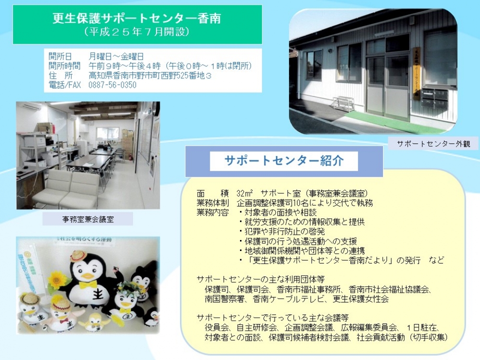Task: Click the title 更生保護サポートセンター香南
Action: point(136,18)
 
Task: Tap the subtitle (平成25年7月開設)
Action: point(136,32)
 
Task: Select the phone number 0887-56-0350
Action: point(112,85)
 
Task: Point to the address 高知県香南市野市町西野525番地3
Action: point(150,75)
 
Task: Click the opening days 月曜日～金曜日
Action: point(116,56)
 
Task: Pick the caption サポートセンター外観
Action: point(433,144)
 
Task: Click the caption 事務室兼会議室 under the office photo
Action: point(88,219)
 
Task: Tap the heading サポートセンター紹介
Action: point(284,161)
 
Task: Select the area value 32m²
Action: point(245,193)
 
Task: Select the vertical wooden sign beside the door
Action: point(416,73)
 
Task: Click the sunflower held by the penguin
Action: point(56,280)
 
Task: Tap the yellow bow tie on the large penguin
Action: point(88,285)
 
